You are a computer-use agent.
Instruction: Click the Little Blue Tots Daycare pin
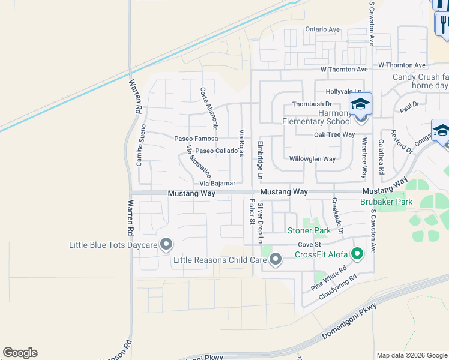[x=166, y=245]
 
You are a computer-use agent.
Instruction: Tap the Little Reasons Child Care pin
[x=276, y=260]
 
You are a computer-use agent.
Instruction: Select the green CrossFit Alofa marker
[x=357, y=254]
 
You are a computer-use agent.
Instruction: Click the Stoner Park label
[x=309, y=230]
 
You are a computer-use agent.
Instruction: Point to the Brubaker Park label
[x=386, y=202]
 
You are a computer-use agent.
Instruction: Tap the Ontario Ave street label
[x=322, y=29]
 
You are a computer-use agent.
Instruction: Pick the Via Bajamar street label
[x=217, y=183]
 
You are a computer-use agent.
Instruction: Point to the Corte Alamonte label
[x=208, y=109]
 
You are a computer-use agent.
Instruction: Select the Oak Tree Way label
[x=335, y=135]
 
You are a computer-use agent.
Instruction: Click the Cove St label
[x=310, y=245]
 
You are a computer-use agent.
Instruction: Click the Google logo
[x=20, y=353]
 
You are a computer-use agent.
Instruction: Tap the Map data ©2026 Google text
[x=412, y=355]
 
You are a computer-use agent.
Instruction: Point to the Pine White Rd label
[x=330, y=280]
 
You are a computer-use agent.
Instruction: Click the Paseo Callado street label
[x=216, y=151]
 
